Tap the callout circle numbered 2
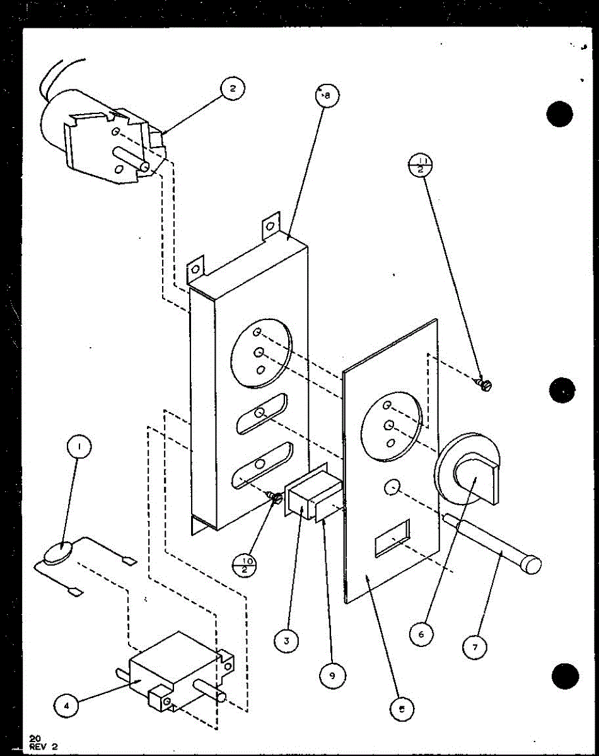click(232, 89)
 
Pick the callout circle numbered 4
click(66, 706)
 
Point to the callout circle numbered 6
click(422, 633)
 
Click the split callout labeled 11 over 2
click(422, 168)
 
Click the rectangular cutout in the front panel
click(392, 537)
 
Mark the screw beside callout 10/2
click(276, 499)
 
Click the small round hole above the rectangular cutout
click(391, 486)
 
